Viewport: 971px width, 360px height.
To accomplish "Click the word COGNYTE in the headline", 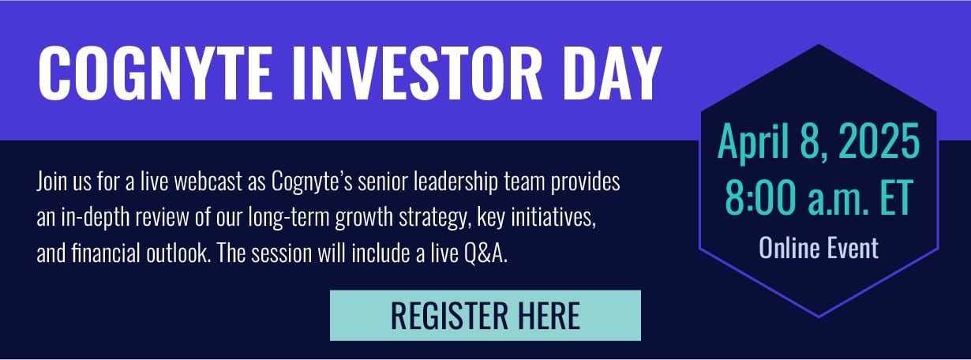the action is coord(156,73).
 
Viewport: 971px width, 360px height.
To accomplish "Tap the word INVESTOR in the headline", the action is coord(417,73).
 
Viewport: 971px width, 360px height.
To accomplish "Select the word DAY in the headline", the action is coord(612,73).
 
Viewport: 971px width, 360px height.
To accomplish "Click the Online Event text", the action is coord(819,248).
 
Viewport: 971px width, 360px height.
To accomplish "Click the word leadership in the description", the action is coord(456,182).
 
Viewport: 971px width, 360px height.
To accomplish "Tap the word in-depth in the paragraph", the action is coord(95,218).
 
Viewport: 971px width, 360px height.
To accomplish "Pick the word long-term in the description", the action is coord(289,218).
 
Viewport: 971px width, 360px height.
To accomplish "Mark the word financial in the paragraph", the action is coord(106,253).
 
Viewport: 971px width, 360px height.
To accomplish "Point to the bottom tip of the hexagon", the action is coord(819,317).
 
